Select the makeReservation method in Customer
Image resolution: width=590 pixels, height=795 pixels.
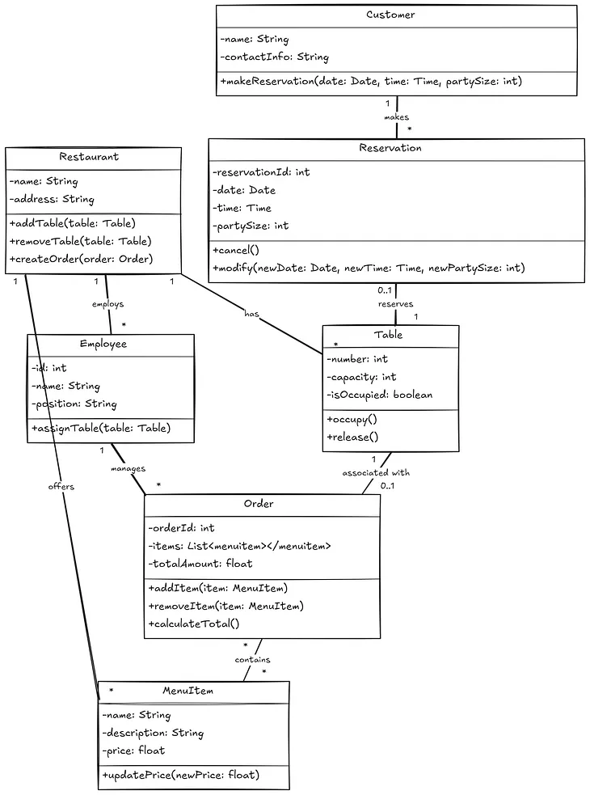pyautogui.click(x=371, y=82)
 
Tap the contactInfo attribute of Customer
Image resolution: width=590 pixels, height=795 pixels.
pyautogui.click(x=274, y=57)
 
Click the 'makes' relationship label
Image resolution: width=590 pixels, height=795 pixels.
pyautogui.click(x=396, y=117)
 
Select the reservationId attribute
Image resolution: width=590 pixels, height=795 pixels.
pyautogui.click(x=261, y=172)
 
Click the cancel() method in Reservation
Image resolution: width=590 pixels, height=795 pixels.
pyautogui.click(x=236, y=250)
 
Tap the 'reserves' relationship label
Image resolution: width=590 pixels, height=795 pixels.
pyautogui.click(x=395, y=304)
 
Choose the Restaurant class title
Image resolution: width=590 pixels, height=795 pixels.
pyautogui.click(x=89, y=157)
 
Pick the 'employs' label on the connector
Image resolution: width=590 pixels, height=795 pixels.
pyautogui.click(x=107, y=304)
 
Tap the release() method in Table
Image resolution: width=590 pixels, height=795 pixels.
pyautogui.click(x=352, y=437)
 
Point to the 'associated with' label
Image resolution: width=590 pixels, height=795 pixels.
pyautogui.click(x=376, y=472)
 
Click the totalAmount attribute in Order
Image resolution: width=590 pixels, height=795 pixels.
pyautogui.click(x=200, y=564)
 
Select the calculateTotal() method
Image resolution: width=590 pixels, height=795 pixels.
pyautogui.click(x=194, y=624)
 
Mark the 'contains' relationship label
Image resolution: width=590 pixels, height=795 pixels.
pyautogui.click(x=252, y=660)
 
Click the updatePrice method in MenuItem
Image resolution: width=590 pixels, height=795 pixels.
pyautogui.click(x=180, y=775)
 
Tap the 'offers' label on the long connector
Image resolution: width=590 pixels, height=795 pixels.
pyautogui.click(x=61, y=487)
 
